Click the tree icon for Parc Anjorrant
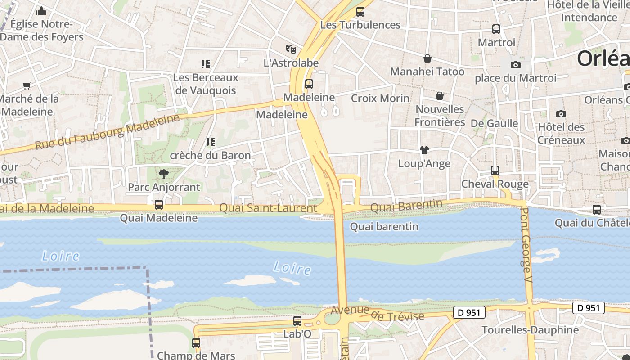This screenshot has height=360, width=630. coord(163,174)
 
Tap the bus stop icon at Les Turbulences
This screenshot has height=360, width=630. coord(360,12)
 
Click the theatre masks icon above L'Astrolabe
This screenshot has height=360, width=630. coord(291,49)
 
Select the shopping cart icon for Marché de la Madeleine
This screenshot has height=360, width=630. coord(27,85)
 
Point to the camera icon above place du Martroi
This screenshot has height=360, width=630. coord(516,65)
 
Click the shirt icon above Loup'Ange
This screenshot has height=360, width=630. coord(424,150)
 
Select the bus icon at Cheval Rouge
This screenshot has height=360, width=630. coord(495,171)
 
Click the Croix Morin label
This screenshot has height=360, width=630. coord(380,98)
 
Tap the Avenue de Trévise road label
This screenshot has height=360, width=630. coord(377,314)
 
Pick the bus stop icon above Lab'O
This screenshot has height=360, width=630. coord(297,321)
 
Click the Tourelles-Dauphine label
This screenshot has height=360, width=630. coord(530,330)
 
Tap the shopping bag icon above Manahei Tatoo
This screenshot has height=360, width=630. coord(427,58)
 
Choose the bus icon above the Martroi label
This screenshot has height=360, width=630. coord(496,29)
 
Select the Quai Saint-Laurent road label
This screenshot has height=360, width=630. coord(268,208)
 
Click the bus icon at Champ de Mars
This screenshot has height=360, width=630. coord(196,342)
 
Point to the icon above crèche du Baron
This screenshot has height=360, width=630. coord(210,142)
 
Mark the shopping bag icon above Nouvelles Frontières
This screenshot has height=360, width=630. coord(440,96)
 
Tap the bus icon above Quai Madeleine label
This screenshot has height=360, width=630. coord(159,205)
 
